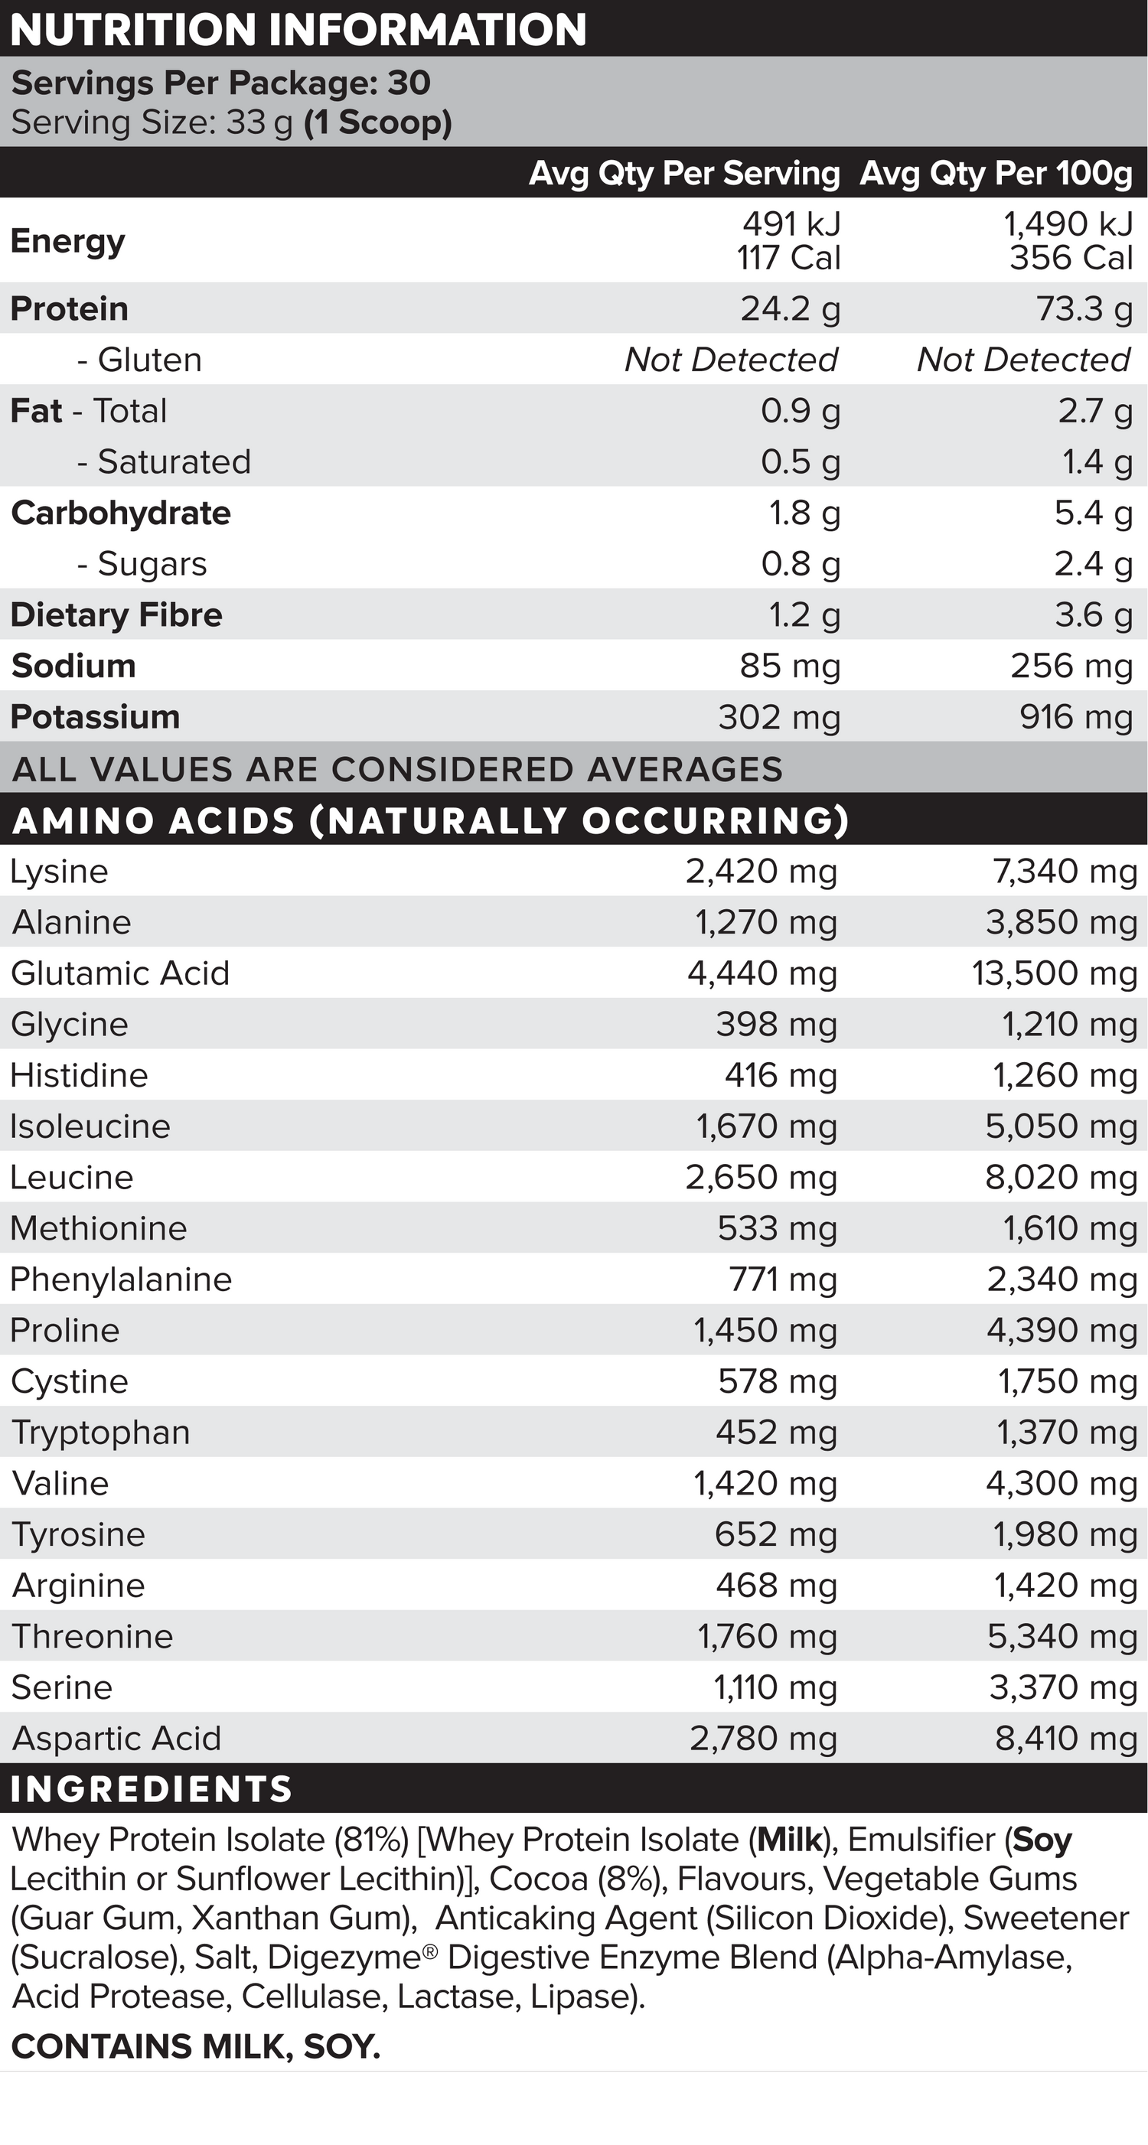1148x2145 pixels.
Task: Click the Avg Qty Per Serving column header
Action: (684, 173)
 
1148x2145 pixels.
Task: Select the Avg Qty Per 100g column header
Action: (996, 173)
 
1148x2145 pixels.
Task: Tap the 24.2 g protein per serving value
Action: (790, 309)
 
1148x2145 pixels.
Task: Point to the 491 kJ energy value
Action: (791, 223)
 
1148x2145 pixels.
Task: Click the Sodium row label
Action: (73, 666)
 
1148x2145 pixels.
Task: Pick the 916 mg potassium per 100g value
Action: (1075, 717)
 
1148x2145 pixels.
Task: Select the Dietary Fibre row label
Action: (116, 615)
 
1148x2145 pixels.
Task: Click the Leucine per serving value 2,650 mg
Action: (761, 1178)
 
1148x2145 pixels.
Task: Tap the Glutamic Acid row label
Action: (120, 973)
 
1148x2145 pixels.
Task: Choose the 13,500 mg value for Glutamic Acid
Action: (1054, 973)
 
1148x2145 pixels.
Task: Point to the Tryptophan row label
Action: (101, 1433)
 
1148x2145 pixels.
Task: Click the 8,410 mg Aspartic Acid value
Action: (1065, 1739)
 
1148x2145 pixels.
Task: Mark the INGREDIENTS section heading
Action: (152, 1789)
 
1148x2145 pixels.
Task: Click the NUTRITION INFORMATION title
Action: (298, 30)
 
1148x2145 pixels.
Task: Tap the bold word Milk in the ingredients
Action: (789, 1840)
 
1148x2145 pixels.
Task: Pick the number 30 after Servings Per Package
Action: (409, 83)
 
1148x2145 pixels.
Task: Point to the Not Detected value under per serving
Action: (731, 360)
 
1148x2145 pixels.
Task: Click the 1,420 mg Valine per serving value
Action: (765, 1483)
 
